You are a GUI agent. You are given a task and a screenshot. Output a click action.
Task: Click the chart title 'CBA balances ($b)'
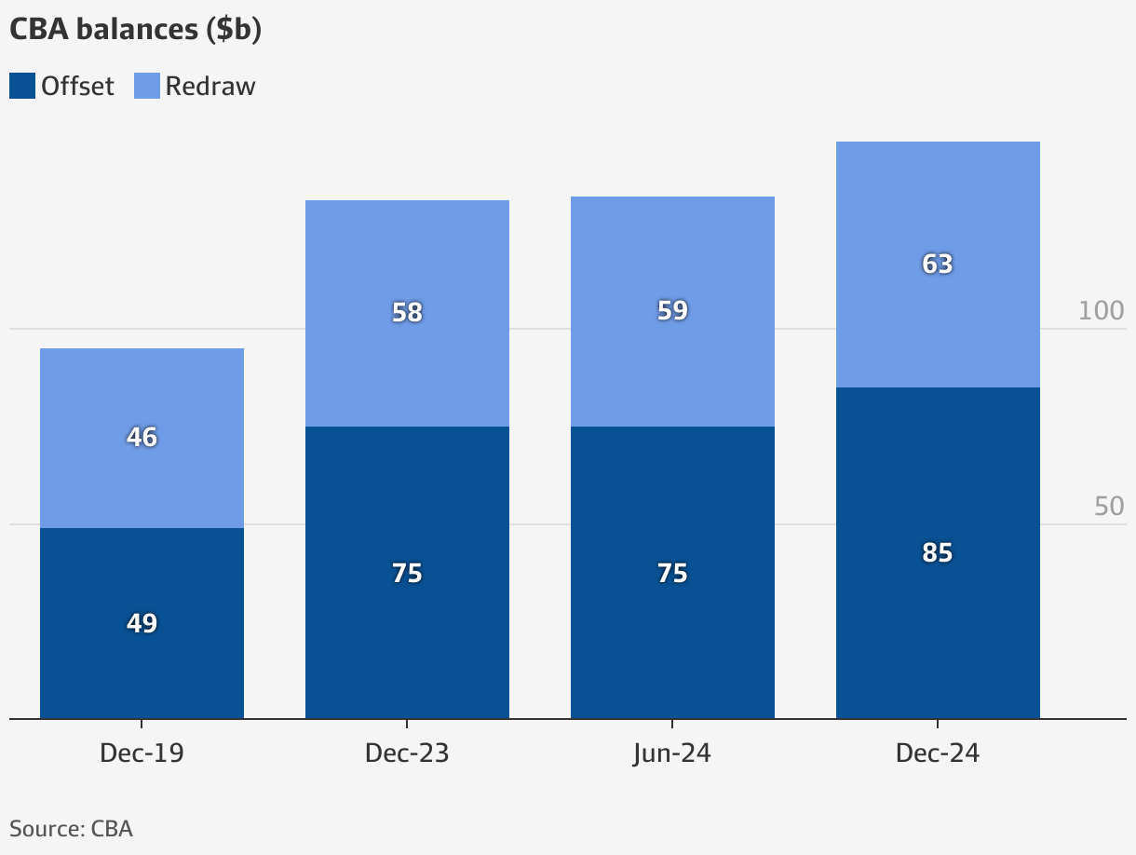[135, 30]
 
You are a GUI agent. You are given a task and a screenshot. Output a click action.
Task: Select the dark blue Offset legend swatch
[22, 87]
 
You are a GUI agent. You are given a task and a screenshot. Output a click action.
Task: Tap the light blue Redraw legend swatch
[147, 87]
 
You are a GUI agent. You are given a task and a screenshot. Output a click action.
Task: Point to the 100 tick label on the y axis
[1101, 311]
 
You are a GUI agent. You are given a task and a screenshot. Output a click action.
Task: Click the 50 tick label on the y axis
[1109, 507]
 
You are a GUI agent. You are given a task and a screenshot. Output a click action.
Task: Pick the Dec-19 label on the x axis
[142, 753]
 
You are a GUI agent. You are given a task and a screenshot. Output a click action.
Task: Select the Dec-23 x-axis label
[407, 753]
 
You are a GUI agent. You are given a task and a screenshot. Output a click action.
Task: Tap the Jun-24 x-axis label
[672, 753]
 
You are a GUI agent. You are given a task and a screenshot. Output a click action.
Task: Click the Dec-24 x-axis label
[938, 753]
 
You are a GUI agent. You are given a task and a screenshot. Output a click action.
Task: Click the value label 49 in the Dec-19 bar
[142, 623]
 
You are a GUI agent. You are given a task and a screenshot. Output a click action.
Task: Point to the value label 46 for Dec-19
[142, 437]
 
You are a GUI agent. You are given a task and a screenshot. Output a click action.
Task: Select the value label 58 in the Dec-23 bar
[407, 312]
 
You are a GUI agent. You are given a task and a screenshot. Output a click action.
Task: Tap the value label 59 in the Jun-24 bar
[672, 310]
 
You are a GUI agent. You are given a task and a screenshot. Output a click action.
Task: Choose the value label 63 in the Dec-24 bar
[938, 264]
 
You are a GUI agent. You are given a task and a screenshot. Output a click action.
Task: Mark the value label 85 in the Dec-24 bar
[938, 552]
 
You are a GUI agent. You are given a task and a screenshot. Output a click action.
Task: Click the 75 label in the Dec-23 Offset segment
[407, 573]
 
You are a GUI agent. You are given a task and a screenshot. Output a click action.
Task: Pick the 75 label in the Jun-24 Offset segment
[672, 573]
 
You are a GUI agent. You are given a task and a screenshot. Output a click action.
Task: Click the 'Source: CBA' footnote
[71, 829]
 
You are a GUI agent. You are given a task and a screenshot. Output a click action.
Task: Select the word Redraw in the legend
[210, 87]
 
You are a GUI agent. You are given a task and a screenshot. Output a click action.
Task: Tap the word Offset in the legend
[77, 87]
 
